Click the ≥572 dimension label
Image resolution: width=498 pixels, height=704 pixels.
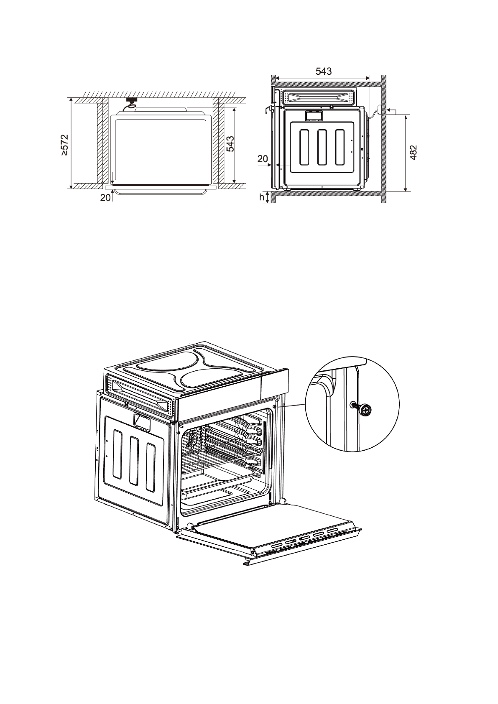tap(64, 145)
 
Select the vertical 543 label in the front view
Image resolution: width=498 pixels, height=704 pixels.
tap(230, 145)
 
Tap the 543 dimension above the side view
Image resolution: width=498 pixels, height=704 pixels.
tap(323, 71)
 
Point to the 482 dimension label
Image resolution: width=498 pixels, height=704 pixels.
tap(413, 153)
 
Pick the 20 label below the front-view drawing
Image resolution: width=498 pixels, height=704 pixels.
tap(105, 198)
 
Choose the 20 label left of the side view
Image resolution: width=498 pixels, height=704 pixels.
tap(263, 158)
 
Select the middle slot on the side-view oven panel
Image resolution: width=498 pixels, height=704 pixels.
tap(322, 147)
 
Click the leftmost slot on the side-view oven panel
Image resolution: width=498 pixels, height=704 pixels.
tap(304, 147)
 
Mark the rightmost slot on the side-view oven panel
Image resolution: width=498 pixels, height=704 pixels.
tap(340, 147)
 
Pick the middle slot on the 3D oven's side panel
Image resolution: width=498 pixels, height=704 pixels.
tap(134, 461)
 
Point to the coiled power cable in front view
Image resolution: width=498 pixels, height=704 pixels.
tap(130, 107)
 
